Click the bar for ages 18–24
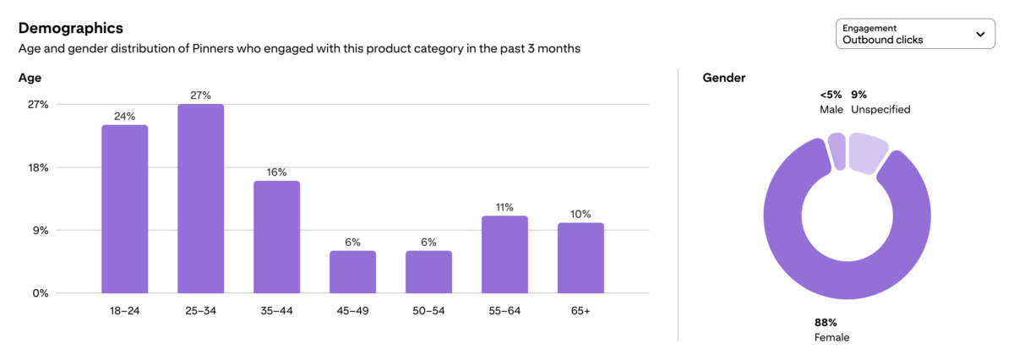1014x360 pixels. pos(124,209)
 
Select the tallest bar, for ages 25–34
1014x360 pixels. pos(200,199)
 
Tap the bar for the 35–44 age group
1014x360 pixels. pos(276,237)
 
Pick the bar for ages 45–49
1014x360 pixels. pos(352,272)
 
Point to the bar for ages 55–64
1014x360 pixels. pos(504,254)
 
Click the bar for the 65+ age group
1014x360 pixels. pos(581,258)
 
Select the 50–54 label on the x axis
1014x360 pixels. pos(428,311)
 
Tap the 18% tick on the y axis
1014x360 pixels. pos(38,167)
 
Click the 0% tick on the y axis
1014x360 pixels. pos(41,293)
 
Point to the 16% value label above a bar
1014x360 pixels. pos(276,172)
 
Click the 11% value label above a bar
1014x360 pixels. pos(504,207)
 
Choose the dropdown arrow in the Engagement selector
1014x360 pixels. pos(980,34)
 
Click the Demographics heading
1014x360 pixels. pos(71,28)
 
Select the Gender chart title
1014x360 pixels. pos(724,78)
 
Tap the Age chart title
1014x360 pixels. pos(30,78)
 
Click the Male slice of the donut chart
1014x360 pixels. pos(837,151)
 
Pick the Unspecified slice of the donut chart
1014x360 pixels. pos(866,153)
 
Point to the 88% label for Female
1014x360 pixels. pos(826,323)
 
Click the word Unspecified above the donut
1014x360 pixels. pos(880,110)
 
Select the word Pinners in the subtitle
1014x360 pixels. pos(212,48)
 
